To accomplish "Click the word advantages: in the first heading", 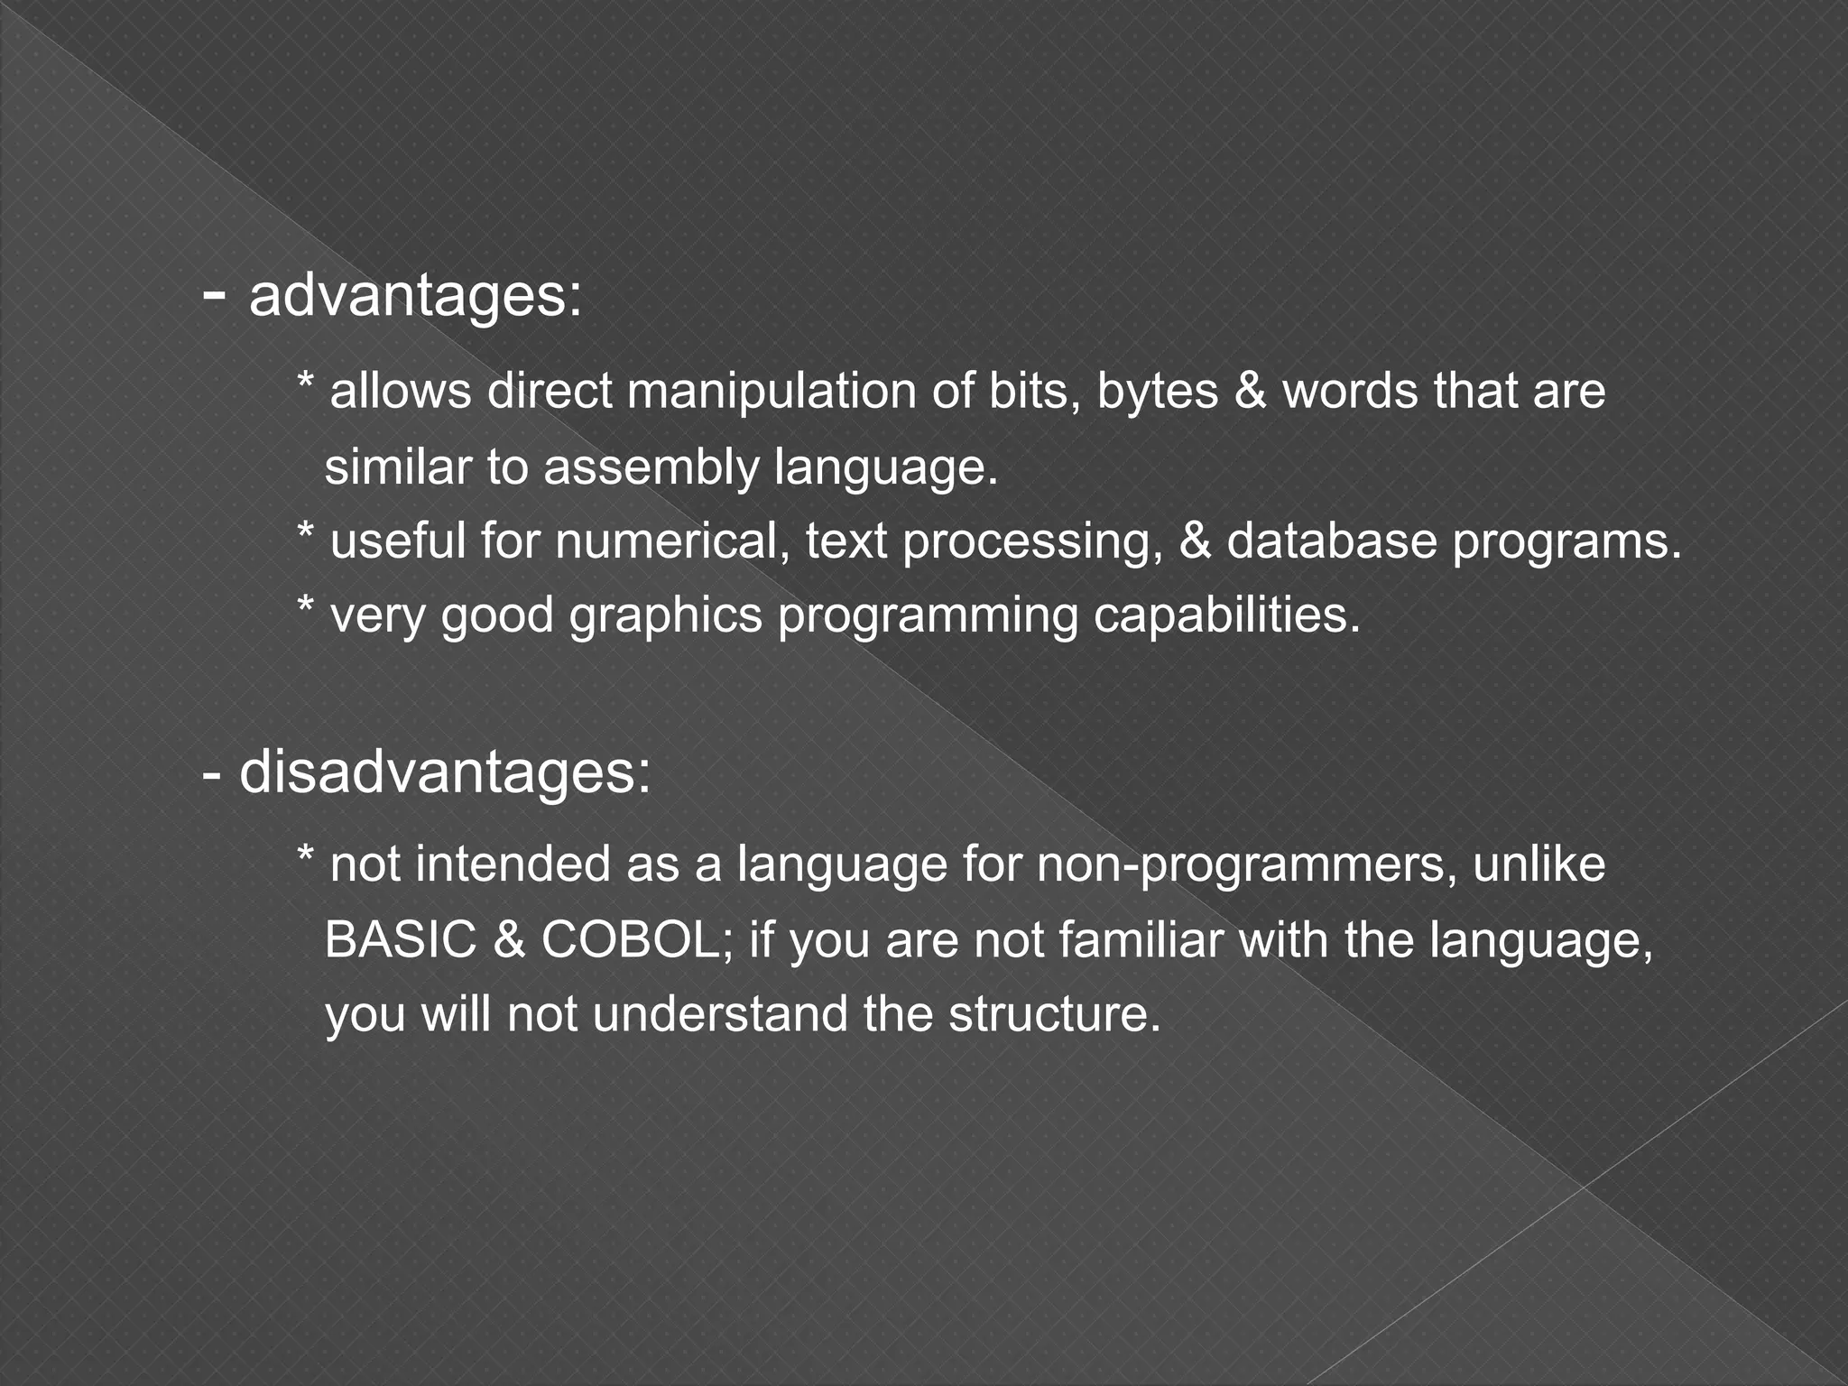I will pyautogui.click(x=415, y=297).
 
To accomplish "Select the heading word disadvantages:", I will pyautogui.click(x=444, y=773).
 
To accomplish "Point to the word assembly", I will pyautogui.click(x=651, y=468).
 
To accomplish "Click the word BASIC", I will pyautogui.click(x=400, y=939).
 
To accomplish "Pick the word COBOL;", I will pyautogui.click(x=637, y=939).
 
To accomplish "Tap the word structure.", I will pyautogui.click(x=1053, y=1014).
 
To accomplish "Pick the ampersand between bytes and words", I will pyautogui.click(x=1250, y=392).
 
